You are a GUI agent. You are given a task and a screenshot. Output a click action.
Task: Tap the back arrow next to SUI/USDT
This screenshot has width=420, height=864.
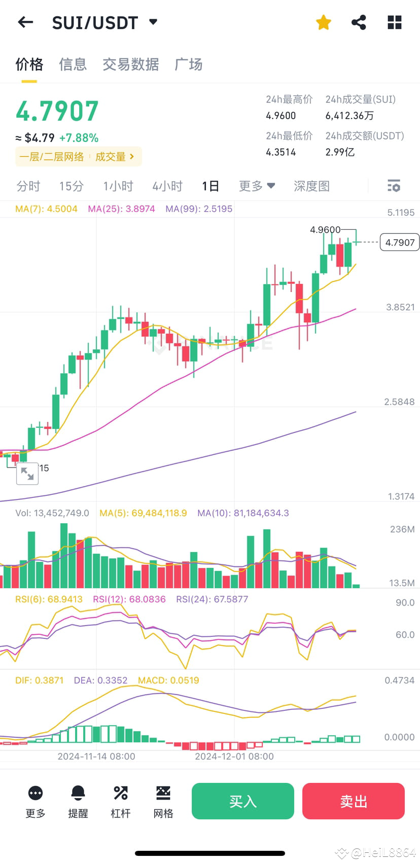(25, 22)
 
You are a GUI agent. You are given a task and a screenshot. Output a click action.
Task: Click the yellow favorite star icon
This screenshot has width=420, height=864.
(323, 22)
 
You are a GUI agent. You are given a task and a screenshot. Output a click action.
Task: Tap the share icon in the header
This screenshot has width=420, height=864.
(359, 22)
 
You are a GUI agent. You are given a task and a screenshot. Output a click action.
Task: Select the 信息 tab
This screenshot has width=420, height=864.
(73, 64)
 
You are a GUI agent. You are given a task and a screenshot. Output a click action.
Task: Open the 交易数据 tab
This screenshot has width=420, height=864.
(130, 64)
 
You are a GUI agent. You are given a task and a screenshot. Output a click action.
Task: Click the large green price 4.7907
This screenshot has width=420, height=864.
(57, 112)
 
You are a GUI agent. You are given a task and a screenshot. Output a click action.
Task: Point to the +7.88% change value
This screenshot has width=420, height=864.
(79, 138)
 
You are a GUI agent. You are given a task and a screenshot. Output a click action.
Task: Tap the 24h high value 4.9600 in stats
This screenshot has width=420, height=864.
(281, 116)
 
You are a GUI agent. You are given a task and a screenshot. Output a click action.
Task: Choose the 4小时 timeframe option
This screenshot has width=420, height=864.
(167, 186)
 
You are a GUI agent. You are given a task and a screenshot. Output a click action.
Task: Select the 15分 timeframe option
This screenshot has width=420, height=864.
(71, 186)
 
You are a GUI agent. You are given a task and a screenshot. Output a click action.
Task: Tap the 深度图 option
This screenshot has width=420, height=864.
(311, 186)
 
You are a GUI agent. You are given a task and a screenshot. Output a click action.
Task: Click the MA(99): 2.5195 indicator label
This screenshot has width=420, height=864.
(199, 209)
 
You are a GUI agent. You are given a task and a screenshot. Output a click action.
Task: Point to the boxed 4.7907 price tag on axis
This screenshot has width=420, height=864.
(400, 242)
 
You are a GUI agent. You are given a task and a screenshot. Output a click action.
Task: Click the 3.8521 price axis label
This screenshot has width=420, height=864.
(400, 307)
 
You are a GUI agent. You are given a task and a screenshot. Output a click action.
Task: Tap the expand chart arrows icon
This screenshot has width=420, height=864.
(27, 474)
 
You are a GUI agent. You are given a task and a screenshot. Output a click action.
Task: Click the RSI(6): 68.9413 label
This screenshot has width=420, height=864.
(49, 599)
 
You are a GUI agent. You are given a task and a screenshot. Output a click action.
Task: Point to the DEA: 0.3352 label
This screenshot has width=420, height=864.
(100, 680)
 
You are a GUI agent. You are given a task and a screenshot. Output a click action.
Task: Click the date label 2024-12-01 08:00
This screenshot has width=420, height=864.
(234, 757)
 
